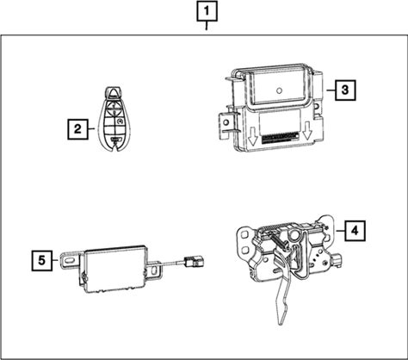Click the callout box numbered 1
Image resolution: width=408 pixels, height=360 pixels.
click(207, 11)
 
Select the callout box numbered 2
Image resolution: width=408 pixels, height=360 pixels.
click(77, 129)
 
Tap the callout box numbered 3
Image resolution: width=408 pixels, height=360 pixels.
click(345, 90)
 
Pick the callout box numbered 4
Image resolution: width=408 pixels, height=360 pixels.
click(355, 231)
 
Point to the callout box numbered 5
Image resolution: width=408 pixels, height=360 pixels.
click(42, 261)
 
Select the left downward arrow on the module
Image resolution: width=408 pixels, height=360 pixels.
click(252, 138)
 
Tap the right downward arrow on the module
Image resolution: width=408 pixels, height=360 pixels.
click(307, 131)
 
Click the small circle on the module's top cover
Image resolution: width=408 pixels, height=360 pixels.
click(279, 90)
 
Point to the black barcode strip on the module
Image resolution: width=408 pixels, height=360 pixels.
click(281, 138)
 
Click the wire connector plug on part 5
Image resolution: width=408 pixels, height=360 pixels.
click(194, 261)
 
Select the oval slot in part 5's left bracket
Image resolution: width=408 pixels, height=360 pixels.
click(71, 260)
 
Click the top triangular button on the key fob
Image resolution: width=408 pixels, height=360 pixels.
click(114, 92)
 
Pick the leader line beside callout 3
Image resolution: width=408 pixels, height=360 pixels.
click(331, 90)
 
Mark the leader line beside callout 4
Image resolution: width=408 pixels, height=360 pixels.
click(340, 231)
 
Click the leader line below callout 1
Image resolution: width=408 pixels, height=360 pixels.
click(207, 26)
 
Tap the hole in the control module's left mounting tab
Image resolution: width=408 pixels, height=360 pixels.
click(226, 122)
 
